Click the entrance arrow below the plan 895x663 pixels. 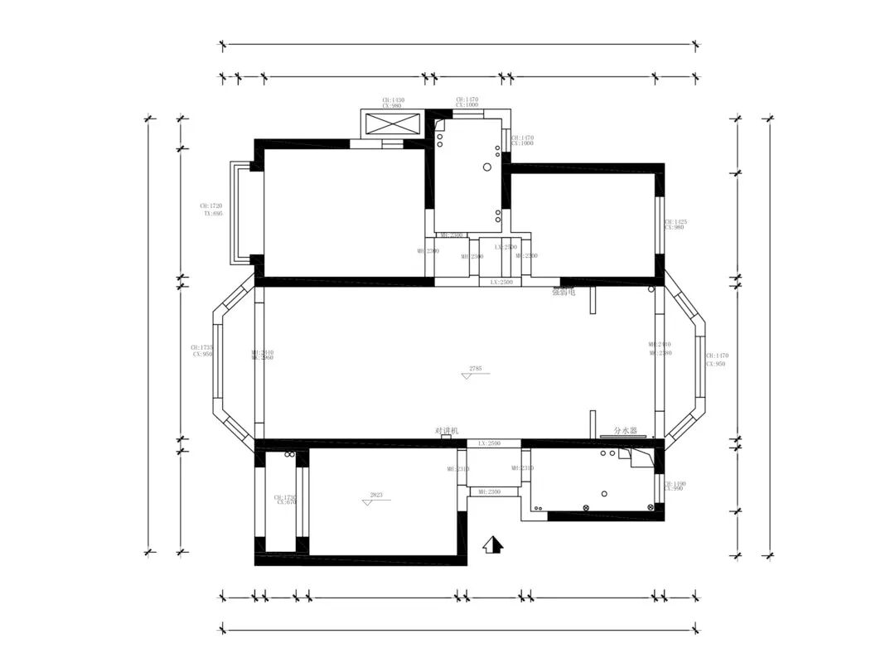click(x=493, y=544)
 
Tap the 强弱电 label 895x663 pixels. click(x=564, y=292)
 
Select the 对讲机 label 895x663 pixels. click(x=447, y=431)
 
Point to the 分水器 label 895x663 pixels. click(x=625, y=431)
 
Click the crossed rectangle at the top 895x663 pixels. click(x=394, y=124)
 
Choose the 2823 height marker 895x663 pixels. click(x=375, y=498)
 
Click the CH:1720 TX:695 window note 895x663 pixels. click(x=211, y=209)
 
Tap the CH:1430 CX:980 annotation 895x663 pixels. click(x=393, y=103)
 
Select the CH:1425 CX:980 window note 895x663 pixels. click(x=675, y=225)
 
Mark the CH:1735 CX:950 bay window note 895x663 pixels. click(x=202, y=351)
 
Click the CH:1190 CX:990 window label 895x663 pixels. click(x=675, y=486)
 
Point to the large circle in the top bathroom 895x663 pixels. click(x=487, y=167)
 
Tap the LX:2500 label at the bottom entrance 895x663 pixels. click(x=489, y=444)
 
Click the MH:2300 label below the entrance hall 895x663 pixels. click(x=488, y=492)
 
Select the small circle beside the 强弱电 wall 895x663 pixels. click(x=651, y=289)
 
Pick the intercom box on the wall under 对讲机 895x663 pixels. click(x=446, y=438)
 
